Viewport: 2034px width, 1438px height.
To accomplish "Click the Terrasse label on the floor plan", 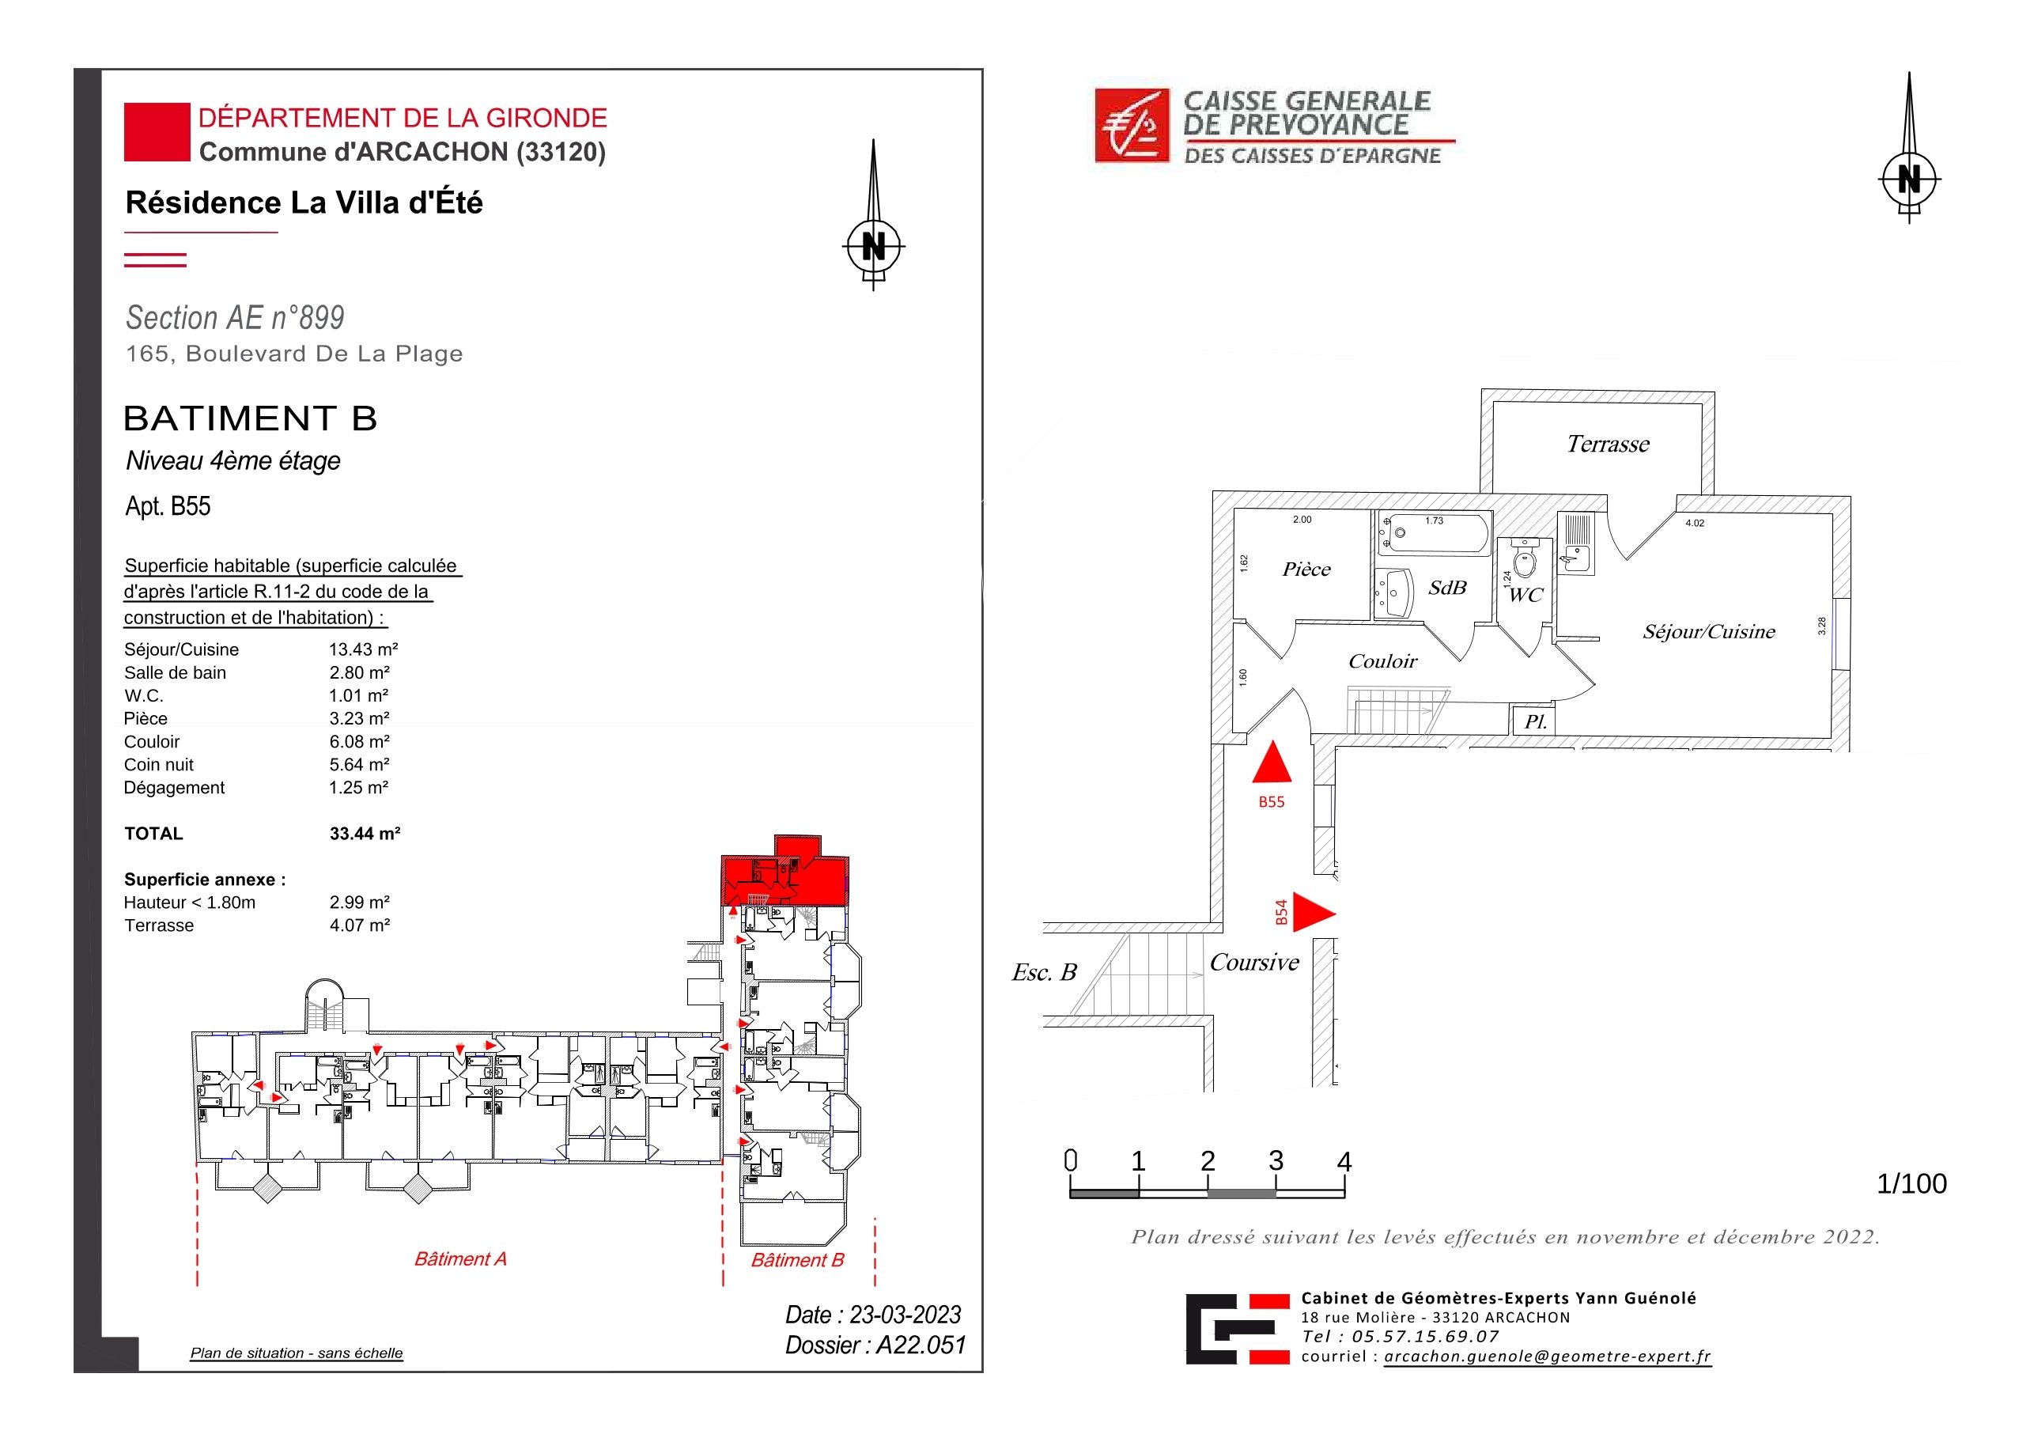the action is pos(1608,444).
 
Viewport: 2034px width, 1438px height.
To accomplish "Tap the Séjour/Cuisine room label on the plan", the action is pos(1709,632).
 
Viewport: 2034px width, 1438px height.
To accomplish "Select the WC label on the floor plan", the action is pos(1525,596).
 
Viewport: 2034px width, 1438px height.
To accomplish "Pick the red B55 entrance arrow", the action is pos(1272,761).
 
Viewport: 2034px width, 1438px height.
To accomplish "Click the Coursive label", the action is pos(1254,963).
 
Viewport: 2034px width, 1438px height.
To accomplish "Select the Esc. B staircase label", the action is pos(1045,973).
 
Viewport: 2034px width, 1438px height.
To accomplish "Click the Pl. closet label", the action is pos(1535,722).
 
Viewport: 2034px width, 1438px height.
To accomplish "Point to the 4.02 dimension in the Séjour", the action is pos(1695,524).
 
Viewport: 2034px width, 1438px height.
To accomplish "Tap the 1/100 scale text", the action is pos(1911,1184).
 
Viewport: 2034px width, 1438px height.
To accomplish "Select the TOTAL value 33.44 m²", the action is pos(365,834).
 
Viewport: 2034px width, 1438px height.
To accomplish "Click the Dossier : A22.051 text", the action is pos(875,1345).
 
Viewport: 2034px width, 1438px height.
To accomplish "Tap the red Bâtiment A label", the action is pos(461,1259).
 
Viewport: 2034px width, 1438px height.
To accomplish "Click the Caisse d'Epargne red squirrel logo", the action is pos(1132,126).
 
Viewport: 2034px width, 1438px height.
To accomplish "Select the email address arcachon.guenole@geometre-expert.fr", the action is pos(1548,1357).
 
